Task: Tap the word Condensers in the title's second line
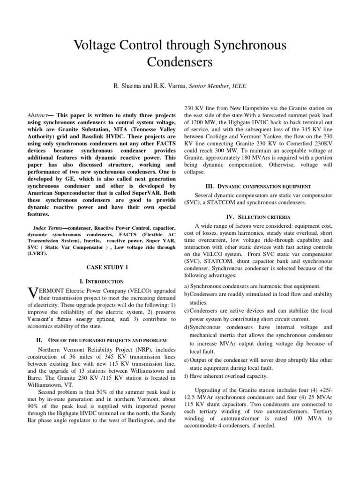tap(180, 62)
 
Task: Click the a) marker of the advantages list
tap(187, 286)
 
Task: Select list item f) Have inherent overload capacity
tap(226, 375)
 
